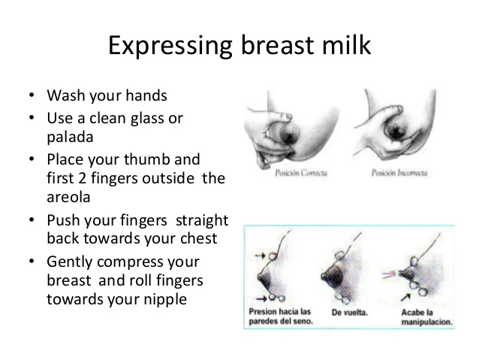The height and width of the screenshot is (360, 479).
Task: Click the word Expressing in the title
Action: pos(170,47)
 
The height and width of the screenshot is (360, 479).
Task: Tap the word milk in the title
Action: pos(346,44)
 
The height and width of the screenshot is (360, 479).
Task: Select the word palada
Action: pos(70,137)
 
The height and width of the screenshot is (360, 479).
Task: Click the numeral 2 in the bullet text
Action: pos(82,178)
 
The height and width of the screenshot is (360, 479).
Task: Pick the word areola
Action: pos(68,197)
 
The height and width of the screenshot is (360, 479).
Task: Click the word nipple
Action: pos(165,299)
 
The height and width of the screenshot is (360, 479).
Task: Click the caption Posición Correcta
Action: pos(301,173)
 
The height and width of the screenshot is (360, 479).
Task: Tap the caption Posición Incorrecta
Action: pos(399,173)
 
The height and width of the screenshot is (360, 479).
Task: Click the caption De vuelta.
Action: pos(349,313)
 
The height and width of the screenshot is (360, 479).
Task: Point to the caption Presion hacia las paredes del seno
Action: pos(281,316)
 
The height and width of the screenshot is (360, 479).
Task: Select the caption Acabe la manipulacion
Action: pos(426,317)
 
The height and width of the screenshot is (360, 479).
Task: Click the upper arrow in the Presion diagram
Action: pos(260,255)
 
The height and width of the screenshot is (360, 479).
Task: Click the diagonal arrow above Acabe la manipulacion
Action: pos(405,297)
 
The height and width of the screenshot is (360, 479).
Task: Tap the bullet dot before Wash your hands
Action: pos(32,95)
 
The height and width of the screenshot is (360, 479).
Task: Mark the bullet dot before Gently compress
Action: pos(32,262)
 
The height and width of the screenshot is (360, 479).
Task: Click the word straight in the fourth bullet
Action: pos(202,220)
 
